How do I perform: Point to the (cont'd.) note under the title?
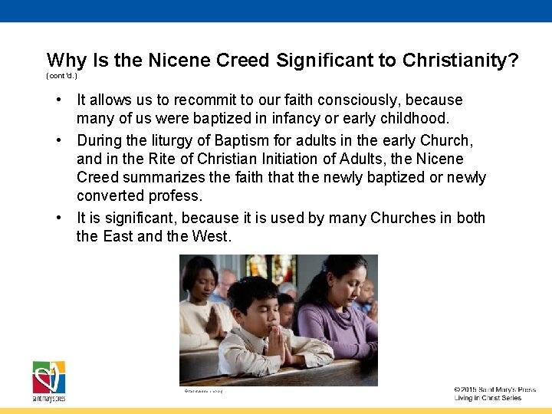(x=61, y=77)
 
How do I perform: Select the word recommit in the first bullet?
(x=206, y=100)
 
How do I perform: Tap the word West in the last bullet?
(x=211, y=236)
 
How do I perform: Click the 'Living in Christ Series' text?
(x=488, y=399)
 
